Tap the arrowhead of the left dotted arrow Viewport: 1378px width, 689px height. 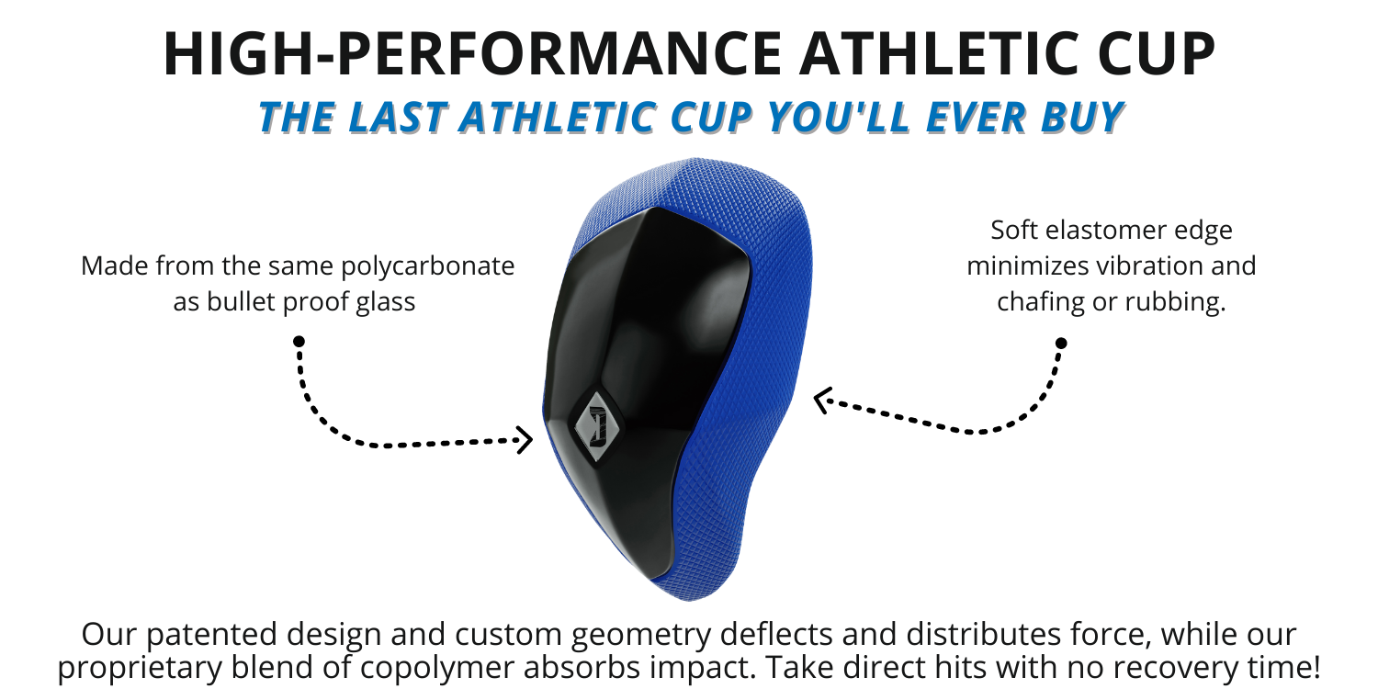(x=526, y=440)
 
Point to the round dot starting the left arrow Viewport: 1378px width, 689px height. (x=299, y=341)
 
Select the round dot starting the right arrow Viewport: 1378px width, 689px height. (x=1061, y=343)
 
